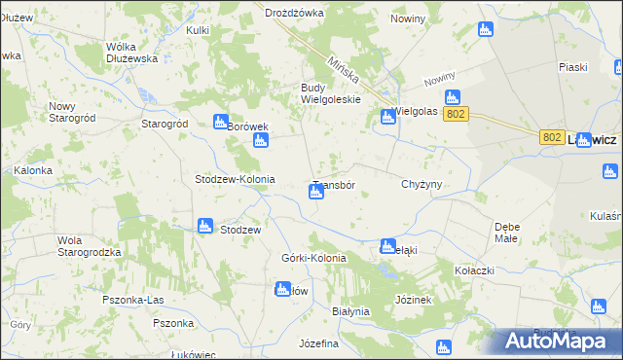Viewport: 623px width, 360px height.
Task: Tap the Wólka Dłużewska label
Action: click(x=132, y=53)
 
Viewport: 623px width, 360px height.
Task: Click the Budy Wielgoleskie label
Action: click(x=330, y=92)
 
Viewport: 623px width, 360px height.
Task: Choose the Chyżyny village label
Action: click(x=421, y=183)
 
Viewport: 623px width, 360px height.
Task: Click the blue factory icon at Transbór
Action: click(x=315, y=193)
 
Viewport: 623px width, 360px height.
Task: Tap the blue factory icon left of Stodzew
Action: click(x=204, y=226)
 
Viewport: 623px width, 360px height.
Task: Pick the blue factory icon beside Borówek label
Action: click(x=220, y=122)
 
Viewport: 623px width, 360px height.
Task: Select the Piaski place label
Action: click(x=572, y=67)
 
